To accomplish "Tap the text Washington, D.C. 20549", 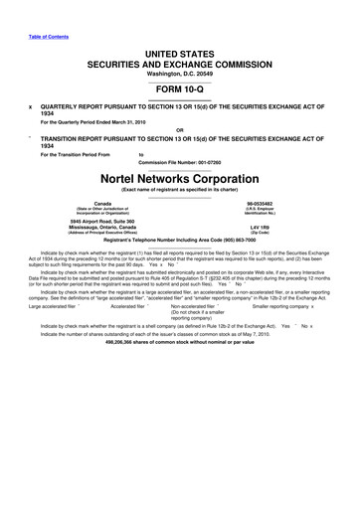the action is (x=180, y=73).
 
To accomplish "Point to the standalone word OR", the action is (x=179, y=129).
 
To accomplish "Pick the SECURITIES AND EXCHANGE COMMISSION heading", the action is (x=180, y=62).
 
